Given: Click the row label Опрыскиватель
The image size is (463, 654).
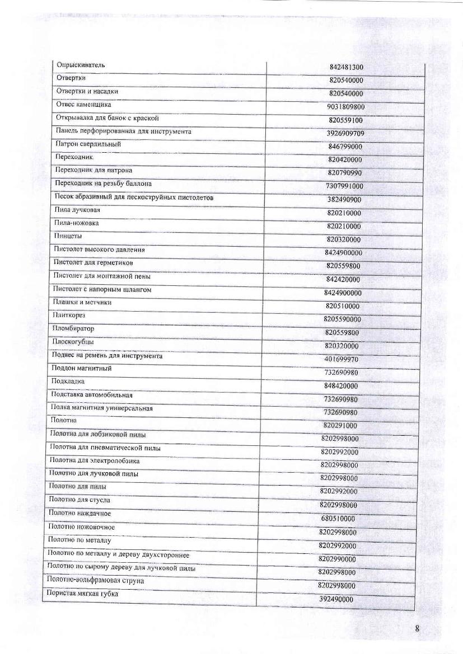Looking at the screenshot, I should (x=82, y=65).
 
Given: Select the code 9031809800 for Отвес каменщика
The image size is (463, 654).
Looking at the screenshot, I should (x=346, y=107).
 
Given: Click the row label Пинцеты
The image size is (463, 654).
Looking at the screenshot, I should (x=68, y=236).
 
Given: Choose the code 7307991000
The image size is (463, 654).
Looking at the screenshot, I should (x=344, y=186).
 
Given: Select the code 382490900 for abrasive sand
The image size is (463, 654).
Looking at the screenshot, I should (x=344, y=200).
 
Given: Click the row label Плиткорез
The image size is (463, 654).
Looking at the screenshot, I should (x=69, y=316).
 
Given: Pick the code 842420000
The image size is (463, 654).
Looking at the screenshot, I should (x=343, y=280).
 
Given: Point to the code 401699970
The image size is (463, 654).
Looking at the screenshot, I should (x=342, y=359).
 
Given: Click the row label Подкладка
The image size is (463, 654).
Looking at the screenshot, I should (x=68, y=382).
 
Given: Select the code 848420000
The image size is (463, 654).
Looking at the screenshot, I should (x=341, y=386).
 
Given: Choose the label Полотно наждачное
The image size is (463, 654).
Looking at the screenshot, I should (x=79, y=514).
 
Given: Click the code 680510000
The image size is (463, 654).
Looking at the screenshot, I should (x=338, y=519).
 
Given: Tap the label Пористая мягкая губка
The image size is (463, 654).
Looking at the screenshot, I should (x=82, y=594).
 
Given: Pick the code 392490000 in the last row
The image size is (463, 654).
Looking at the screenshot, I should (x=336, y=599).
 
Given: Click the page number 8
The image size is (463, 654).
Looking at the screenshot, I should (x=418, y=628).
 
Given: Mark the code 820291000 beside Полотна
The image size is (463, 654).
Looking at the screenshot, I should (x=340, y=426).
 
